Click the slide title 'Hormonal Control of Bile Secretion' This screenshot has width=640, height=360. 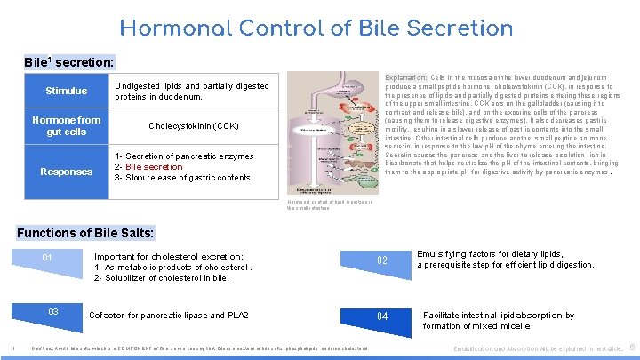tap(316, 28)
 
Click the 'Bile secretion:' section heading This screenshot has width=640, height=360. tap(69, 63)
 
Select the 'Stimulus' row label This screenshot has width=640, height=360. tap(67, 91)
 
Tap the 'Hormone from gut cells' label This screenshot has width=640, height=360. tap(67, 125)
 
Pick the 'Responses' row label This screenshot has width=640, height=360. tap(67, 172)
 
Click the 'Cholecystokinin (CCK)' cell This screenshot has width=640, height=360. tap(192, 126)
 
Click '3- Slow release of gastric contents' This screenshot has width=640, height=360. tap(182, 178)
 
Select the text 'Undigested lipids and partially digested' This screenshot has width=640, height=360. tap(192, 86)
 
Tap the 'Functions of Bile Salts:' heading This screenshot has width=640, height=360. tap(86, 233)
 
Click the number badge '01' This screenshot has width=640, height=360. tap(48, 259)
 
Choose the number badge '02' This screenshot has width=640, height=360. tap(382, 260)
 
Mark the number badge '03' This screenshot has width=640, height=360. tap(53, 312)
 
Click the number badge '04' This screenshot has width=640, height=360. tap(382, 316)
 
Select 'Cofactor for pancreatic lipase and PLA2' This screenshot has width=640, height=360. tap(169, 316)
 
